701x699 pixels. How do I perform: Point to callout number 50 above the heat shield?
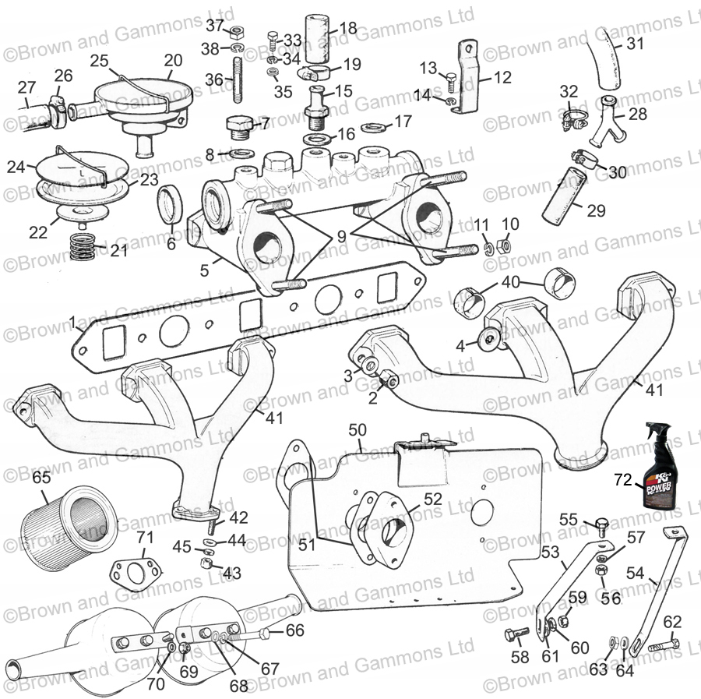pos(357,429)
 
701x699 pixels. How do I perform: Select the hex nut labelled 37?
pos(238,32)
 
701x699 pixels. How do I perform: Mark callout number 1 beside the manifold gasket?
pos(72,321)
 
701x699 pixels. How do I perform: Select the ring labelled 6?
pos(171,205)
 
